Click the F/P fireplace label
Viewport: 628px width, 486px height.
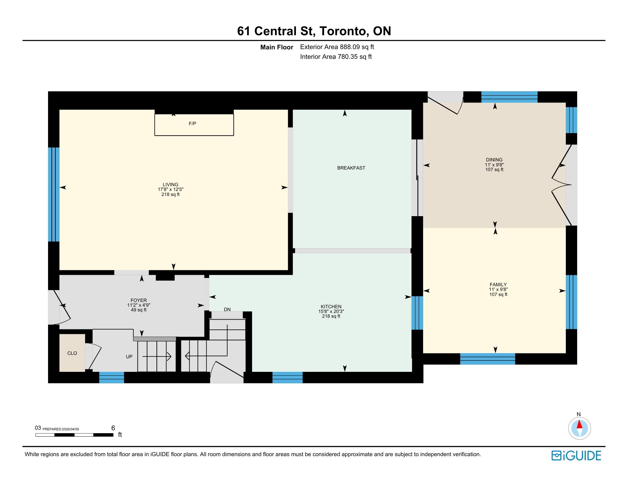192,124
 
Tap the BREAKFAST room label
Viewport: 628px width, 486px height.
351,168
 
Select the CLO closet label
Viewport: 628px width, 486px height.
72,353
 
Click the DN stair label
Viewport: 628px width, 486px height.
227,310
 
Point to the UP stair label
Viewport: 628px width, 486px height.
129,357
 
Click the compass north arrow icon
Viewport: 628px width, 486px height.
579,428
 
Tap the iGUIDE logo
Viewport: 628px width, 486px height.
576,455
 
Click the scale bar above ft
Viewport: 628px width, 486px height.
74,435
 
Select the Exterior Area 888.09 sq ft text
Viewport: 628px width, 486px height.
337,47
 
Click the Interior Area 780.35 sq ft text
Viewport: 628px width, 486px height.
336,57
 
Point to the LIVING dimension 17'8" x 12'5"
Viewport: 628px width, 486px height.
170,189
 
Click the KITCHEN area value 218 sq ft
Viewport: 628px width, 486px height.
331,316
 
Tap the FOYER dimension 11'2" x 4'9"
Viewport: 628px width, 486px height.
139,305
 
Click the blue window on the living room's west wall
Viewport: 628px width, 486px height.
54,194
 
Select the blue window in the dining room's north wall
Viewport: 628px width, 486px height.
509,97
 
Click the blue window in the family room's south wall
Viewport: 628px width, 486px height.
487,359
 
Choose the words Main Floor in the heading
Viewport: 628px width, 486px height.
276,47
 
